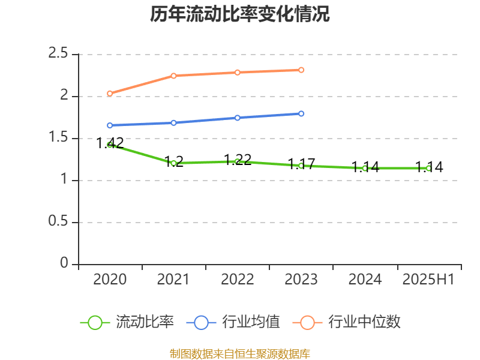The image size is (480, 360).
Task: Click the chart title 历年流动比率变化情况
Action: click(x=240, y=14)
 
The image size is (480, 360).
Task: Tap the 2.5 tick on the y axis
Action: click(x=59, y=53)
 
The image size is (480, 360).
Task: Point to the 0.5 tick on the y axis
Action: click(x=59, y=222)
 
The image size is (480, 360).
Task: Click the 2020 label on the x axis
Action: click(x=110, y=279)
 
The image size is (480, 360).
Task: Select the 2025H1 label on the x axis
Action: click(x=428, y=279)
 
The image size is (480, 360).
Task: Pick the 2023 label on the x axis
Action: click(x=301, y=279)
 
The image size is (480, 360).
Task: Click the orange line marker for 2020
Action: click(x=110, y=94)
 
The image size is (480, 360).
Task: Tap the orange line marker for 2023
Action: click(x=301, y=70)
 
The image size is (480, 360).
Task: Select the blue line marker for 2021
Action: click(x=173, y=123)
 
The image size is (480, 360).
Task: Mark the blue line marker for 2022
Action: click(x=238, y=118)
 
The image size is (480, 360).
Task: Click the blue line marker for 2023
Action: click(x=301, y=113)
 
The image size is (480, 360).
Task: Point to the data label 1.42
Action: click(x=110, y=143)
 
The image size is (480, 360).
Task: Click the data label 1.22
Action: click(x=238, y=160)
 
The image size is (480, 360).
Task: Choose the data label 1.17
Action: click(x=301, y=164)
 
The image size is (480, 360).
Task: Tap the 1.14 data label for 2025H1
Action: click(x=429, y=167)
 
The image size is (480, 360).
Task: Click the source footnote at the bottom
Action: click(x=240, y=353)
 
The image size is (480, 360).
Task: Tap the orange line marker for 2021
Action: click(x=173, y=76)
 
